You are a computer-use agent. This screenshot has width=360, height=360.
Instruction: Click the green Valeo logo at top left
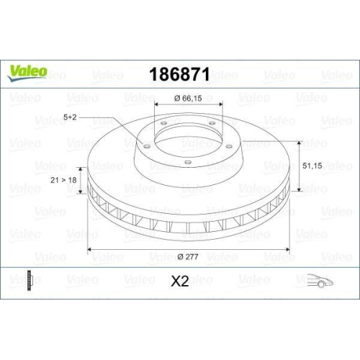27,73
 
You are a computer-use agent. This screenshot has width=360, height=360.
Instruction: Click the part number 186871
180,74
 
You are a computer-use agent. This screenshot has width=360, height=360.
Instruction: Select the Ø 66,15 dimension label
188,99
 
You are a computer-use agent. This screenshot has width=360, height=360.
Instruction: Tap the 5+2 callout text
70,117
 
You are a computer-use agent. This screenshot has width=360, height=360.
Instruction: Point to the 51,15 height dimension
312,166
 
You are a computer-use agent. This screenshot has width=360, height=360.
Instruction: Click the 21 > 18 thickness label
63,180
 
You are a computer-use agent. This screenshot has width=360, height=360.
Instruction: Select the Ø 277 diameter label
188,257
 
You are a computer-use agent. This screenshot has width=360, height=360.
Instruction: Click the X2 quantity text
180,281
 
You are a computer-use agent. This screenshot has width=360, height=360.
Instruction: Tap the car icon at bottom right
320,281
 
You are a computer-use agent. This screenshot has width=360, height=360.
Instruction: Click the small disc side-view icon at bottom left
30,281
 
